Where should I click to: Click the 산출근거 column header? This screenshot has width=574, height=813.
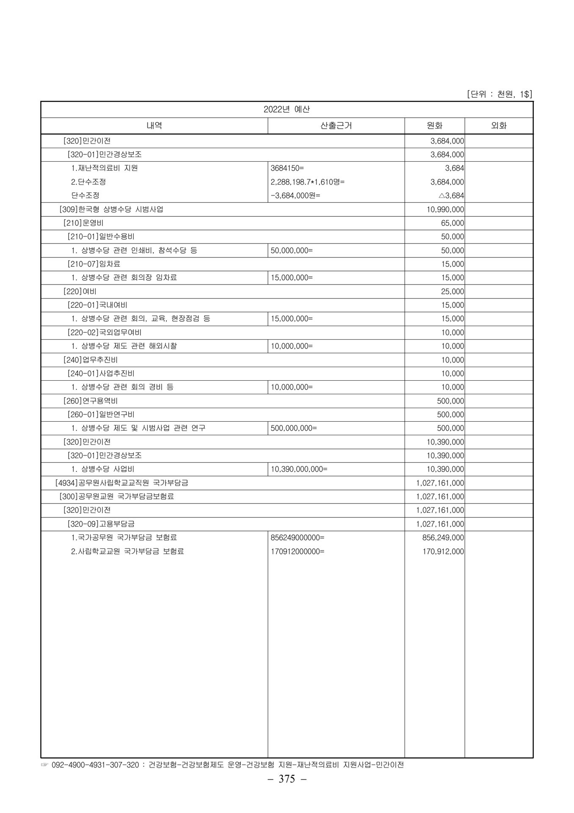[x=336, y=126]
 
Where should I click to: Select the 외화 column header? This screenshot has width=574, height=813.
[x=499, y=126]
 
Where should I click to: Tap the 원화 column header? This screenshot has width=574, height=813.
[x=434, y=126]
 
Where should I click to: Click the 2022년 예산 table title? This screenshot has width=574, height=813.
[x=287, y=109]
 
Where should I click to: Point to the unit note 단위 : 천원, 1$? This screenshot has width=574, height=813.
[x=499, y=94]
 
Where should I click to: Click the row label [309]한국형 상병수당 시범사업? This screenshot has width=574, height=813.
[x=111, y=209]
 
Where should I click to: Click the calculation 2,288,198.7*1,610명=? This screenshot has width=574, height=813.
[x=308, y=182]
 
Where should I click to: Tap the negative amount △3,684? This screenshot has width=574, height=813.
[x=451, y=196]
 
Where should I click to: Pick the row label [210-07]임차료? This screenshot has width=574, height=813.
[x=94, y=264]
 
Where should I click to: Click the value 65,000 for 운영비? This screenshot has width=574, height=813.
[x=453, y=223]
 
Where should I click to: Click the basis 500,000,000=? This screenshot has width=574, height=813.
[x=294, y=428]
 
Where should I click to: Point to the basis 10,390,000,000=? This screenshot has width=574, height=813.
[x=299, y=469]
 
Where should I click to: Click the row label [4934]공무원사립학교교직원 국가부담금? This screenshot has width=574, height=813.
[x=122, y=483]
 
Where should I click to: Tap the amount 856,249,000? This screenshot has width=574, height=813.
[x=443, y=537]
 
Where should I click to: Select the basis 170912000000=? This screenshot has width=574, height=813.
[x=298, y=551]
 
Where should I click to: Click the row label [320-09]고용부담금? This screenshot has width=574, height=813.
[x=101, y=524]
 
